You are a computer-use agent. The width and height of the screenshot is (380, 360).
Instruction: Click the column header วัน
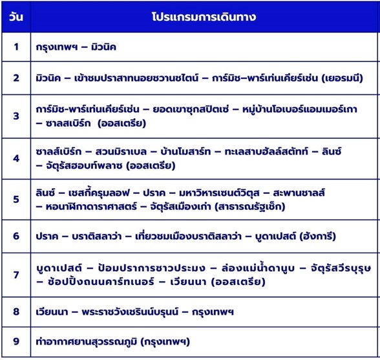click(16, 17)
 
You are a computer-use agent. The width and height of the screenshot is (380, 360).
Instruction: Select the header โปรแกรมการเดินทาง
click(204, 17)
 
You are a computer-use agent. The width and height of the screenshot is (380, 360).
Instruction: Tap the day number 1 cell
click(16, 47)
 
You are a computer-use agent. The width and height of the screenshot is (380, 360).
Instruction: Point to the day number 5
click(16, 199)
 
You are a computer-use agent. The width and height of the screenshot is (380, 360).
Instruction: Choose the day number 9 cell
click(16, 341)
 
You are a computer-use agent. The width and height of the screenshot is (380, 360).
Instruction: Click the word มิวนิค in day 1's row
click(103, 47)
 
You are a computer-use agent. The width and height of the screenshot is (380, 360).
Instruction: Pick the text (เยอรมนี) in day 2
click(343, 78)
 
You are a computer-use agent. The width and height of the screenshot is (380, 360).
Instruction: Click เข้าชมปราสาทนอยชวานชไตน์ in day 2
click(136, 78)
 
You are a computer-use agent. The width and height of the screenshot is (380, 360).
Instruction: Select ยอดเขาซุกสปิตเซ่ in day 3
click(191, 109)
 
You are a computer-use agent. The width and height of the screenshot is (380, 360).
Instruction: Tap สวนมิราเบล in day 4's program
click(121, 152)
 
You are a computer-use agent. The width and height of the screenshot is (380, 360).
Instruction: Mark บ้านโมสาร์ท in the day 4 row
click(185, 152)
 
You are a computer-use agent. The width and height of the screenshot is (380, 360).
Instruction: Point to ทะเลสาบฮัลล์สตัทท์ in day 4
click(266, 151)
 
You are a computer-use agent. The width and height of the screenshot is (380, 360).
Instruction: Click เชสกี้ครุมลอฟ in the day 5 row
click(99, 193)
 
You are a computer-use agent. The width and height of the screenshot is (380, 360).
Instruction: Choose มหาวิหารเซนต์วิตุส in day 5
click(219, 193)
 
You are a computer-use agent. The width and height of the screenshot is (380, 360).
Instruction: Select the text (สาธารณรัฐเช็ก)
click(250, 207)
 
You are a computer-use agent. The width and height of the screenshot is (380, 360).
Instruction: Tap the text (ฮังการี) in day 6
click(318, 236)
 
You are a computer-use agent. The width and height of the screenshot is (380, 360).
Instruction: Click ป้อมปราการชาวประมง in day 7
click(152, 268)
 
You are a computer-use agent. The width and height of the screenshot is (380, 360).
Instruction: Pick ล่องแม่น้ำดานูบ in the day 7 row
click(258, 267)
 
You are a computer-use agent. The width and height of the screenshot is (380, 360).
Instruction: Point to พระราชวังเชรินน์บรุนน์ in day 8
click(130, 311)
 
